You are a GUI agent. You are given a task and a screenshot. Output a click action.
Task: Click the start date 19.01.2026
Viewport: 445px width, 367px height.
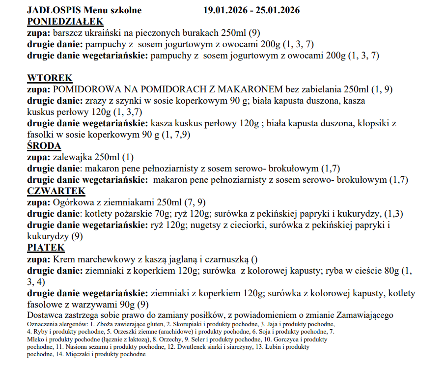(x=227, y=10)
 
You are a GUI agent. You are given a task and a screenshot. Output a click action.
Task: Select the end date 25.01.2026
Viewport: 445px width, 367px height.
(x=276, y=10)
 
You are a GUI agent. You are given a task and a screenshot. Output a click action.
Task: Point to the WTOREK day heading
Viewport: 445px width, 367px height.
(x=50, y=78)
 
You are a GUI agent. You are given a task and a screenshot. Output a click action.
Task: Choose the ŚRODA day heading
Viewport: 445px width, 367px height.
(x=44, y=146)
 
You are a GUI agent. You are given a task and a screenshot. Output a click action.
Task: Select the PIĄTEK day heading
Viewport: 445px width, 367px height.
(x=46, y=248)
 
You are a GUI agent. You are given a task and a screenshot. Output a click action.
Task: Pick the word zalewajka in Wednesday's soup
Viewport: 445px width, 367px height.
(x=68, y=157)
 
